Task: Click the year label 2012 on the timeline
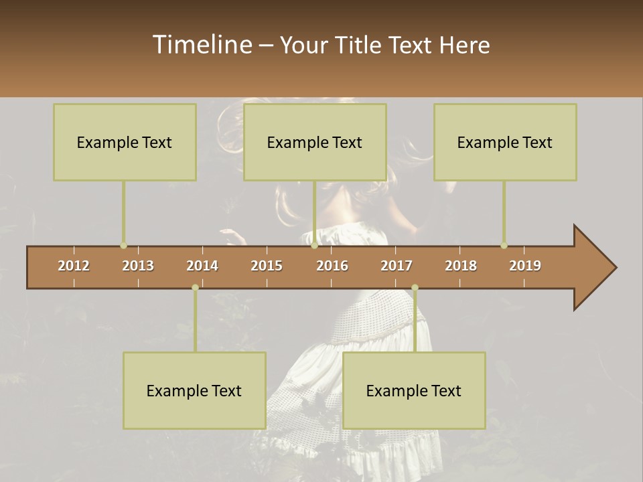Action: [x=74, y=266]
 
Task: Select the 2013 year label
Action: [x=138, y=266]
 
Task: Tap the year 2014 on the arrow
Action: [x=202, y=266]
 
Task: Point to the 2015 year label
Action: [x=267, y=266]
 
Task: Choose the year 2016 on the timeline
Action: [x=332, y=266]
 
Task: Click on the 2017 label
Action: [x=397, y=266]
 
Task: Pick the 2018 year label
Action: [x=461, y=266]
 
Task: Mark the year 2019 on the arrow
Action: [x=525, y=266]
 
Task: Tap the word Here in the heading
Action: [x=464, y=45]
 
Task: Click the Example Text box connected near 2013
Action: [x=125, y=142]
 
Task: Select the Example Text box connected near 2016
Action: [x=315, y=142]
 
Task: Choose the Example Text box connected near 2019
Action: [x=505, y=142]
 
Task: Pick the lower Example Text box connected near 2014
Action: [x=194, y=390]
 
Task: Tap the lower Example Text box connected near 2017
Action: [x=414, y=390]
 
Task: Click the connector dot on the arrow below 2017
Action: [x=415, y=288]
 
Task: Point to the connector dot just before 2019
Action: [x=504, y=246]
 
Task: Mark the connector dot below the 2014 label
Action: [x=195, y=288]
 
